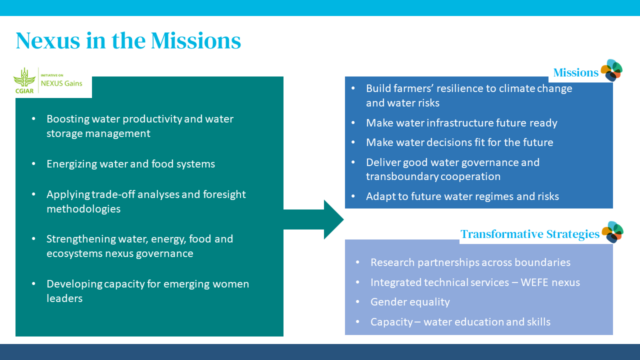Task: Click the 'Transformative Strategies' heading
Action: [x=529, y=234]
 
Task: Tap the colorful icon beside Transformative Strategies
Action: [x=612, y=233]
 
